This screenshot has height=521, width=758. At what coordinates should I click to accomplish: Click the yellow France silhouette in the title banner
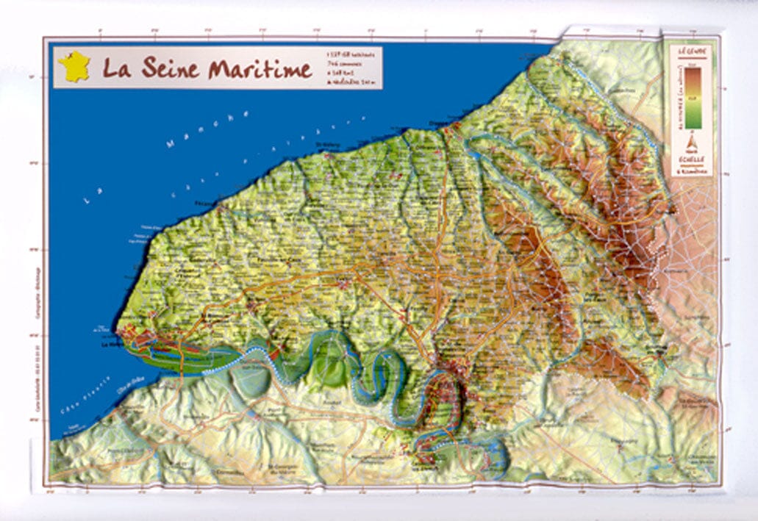[74, 67]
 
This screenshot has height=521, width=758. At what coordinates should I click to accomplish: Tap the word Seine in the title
[163, 68]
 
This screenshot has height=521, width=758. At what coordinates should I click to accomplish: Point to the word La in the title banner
[116, 68]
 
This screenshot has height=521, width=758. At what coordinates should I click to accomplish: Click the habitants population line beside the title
[352, 54]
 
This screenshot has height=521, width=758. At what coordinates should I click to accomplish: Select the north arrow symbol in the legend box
[691, 143]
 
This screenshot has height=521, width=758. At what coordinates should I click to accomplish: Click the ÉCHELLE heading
[691, 159]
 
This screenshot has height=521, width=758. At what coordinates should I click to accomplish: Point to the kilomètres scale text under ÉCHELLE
[691, 171]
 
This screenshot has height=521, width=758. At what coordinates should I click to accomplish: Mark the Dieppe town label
[439, 123]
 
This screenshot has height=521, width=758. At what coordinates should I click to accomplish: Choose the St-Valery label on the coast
[345, 154]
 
